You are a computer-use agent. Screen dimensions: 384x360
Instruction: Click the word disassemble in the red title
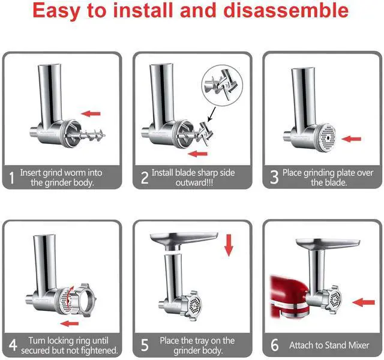[286, 10]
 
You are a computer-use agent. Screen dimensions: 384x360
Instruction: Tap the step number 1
[11, 178]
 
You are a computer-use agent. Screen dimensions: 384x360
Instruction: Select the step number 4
[13, 345]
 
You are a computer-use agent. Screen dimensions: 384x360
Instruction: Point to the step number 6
[275, 345]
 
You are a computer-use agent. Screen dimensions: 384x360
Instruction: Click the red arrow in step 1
[91, 113]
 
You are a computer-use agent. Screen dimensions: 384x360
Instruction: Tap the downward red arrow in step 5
[229, 245]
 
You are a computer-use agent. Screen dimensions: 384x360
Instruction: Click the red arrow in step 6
[364, 302]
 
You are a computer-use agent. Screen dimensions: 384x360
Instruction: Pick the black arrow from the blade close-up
[212, 114]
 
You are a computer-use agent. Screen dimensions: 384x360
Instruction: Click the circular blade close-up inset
[222, 85]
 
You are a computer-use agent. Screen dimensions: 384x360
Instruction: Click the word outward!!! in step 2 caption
[194, 182]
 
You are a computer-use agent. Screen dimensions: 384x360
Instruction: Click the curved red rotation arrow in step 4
[69, 296]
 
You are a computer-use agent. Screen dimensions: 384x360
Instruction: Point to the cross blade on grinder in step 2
[205, 134]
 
